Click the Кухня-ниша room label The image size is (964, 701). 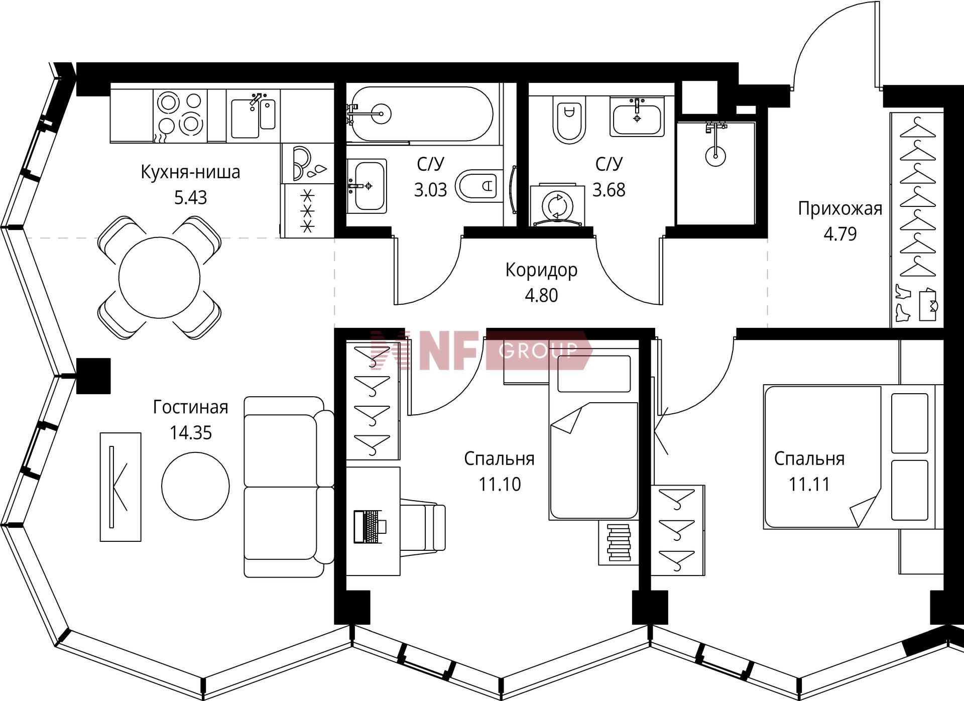(x=190, y=172)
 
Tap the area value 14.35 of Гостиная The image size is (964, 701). (x=190, y=432)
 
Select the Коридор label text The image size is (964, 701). (x=541, y=270)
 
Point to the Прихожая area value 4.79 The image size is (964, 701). (x=840, y=234)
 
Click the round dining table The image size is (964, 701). (x=159, y=277)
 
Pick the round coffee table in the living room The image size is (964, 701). (x=195, y=486)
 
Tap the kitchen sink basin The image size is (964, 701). (x=245, y=119)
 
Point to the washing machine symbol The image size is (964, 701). (x=557, y=204)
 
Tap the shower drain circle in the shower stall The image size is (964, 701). (x=715, y=155)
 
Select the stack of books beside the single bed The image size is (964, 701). (x=619, y=542)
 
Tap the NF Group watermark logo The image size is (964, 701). (x=481, y=350)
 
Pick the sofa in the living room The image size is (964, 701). (x=289, y=487)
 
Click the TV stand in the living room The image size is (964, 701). (x=120, y=487)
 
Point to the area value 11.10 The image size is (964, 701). (x=499, y=484)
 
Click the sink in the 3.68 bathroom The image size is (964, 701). (x=637, y=116)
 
